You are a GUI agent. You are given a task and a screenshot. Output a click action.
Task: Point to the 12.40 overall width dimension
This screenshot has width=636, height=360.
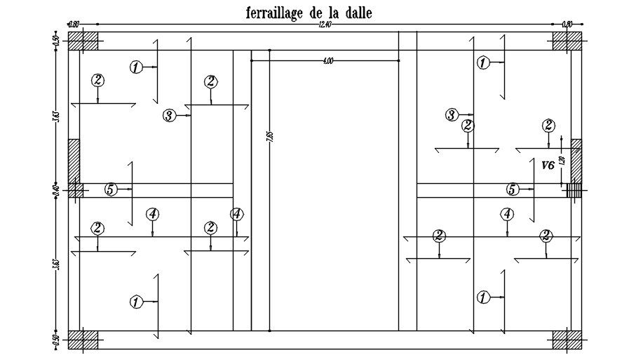coord(323,25)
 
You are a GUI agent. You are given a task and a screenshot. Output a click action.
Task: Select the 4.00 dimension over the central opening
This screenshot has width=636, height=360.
coord(327,62)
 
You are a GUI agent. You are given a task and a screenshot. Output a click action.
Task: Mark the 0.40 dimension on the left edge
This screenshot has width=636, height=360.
coord(56,190)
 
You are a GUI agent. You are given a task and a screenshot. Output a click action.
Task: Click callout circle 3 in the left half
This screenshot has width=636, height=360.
coord(168,116)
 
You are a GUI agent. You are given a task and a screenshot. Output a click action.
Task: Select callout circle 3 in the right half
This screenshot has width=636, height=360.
coord(452,114)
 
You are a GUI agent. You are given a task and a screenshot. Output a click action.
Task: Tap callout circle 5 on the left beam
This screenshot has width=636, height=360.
coord(110,189)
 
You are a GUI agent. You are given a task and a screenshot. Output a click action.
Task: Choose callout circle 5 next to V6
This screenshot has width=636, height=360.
coord(513,189)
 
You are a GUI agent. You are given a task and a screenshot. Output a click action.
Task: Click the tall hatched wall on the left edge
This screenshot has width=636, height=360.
coord(74,161)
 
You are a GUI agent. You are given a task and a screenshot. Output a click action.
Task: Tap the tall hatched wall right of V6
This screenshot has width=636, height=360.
coord(576,161)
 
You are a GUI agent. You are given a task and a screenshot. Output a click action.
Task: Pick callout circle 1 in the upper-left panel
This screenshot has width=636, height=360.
coord(136,67)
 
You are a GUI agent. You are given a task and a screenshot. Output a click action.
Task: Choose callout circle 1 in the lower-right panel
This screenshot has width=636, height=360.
coord(483,298)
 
